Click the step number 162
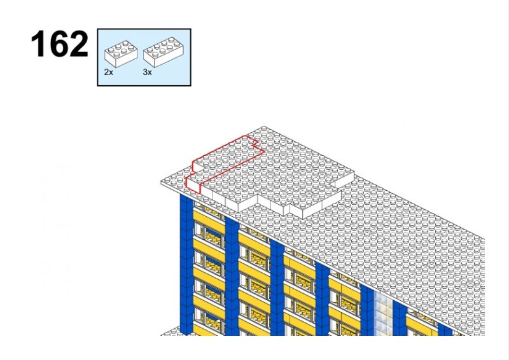(x=59, y=45)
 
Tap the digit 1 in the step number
(x=38, y=45)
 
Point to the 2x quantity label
(x=109, y=73)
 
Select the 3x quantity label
(x=147, y=73)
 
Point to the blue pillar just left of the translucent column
(x=367, y=312)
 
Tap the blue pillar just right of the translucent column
(x=399, y=318)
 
